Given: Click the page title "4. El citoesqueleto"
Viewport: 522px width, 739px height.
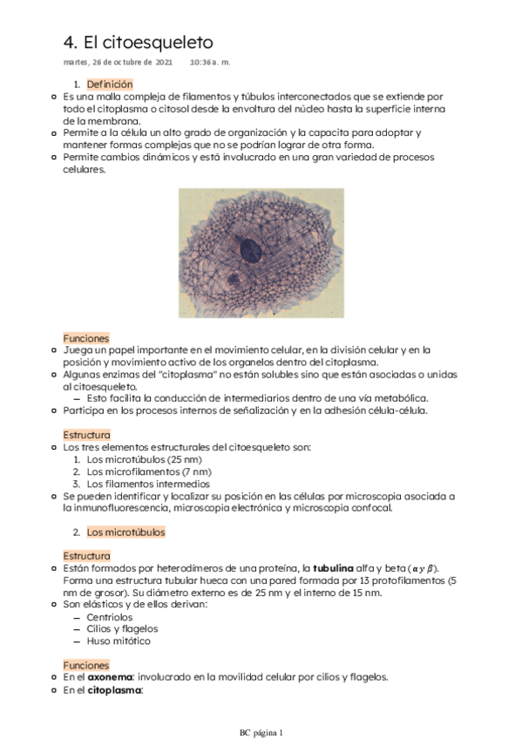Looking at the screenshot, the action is click(139, 43).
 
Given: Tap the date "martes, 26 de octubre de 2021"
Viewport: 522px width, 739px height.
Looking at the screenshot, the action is click(118, 63).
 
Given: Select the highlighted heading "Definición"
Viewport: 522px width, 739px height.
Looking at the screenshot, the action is click(110, 84).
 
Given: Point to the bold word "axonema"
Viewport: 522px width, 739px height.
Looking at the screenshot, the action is click(108, 677).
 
